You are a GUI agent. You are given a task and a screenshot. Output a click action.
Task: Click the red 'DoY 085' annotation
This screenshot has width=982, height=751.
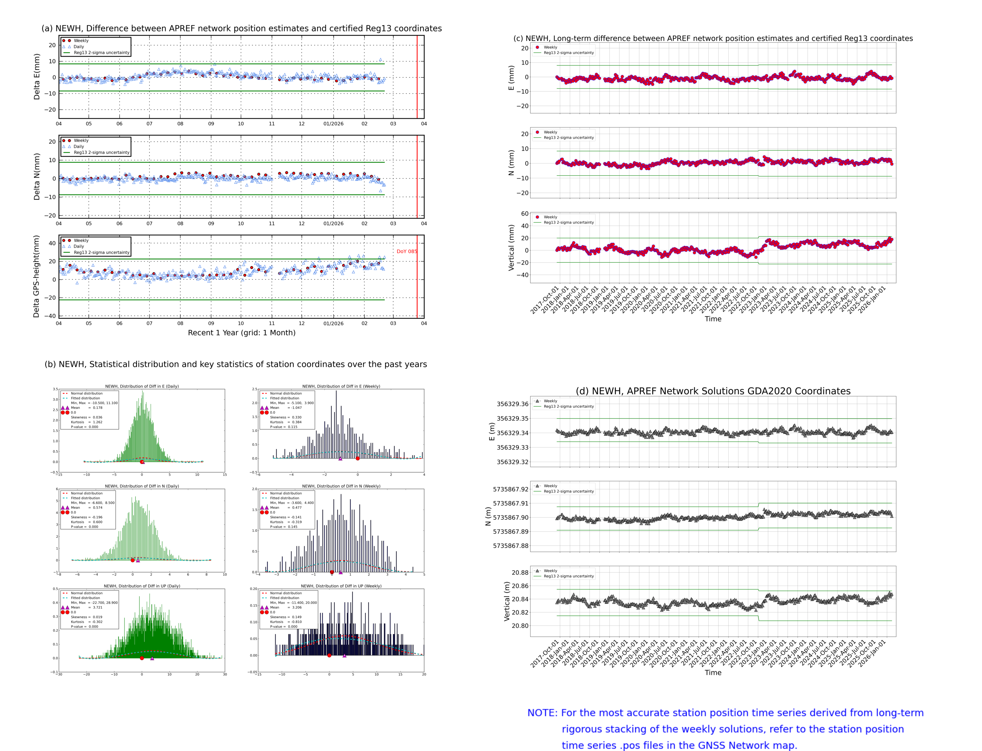click(406, 251)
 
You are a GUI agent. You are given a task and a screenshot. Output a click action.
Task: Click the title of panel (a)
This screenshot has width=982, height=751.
click(241, 28)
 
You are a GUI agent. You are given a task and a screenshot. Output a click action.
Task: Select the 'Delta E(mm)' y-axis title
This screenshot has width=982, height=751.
click(37, 76)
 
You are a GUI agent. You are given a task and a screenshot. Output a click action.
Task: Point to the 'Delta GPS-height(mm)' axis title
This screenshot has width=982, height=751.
click(36, 276)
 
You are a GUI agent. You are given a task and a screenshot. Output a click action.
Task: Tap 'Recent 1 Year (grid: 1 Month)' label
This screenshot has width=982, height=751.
click(241, 332)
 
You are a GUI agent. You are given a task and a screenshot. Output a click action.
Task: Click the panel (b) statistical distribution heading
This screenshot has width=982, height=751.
click(235, 364)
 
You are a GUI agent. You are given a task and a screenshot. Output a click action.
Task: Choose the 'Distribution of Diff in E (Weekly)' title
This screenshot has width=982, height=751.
click(341, 386)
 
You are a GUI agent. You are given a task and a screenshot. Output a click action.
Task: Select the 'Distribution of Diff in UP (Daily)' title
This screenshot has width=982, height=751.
click(142, 586)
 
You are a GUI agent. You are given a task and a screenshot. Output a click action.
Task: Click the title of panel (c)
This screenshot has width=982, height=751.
click(713, 38)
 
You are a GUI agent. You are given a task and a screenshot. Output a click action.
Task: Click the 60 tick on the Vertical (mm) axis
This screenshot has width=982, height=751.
click(524, 214)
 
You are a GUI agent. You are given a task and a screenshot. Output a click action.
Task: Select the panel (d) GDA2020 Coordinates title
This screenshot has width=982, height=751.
click(713, 391)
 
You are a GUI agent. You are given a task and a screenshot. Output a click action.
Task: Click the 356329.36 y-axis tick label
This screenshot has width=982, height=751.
click(513, 404)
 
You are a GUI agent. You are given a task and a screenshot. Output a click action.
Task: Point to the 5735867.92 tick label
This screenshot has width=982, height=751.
click(510, 490)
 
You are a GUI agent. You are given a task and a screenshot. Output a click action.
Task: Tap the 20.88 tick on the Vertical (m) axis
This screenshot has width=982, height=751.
click(519, 573)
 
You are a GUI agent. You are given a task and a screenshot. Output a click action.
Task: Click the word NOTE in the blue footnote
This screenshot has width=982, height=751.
click(542, 713)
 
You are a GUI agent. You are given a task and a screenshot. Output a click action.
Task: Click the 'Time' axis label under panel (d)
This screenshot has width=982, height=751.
click(713, 673)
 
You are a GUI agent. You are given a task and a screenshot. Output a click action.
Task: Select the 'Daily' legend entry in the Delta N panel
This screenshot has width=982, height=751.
click(79, 147)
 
